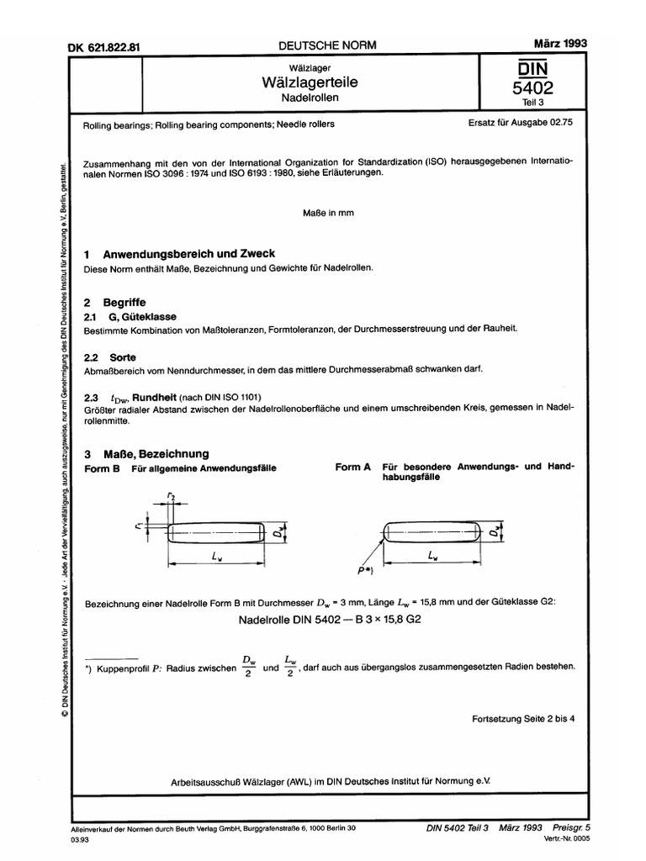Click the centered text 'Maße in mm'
pos(328,213)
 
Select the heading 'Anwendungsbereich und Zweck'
pos(188,253)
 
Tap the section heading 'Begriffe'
pos(124,300)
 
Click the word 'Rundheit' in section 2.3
pos(168,395)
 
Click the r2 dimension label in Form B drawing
pos(172,498)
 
